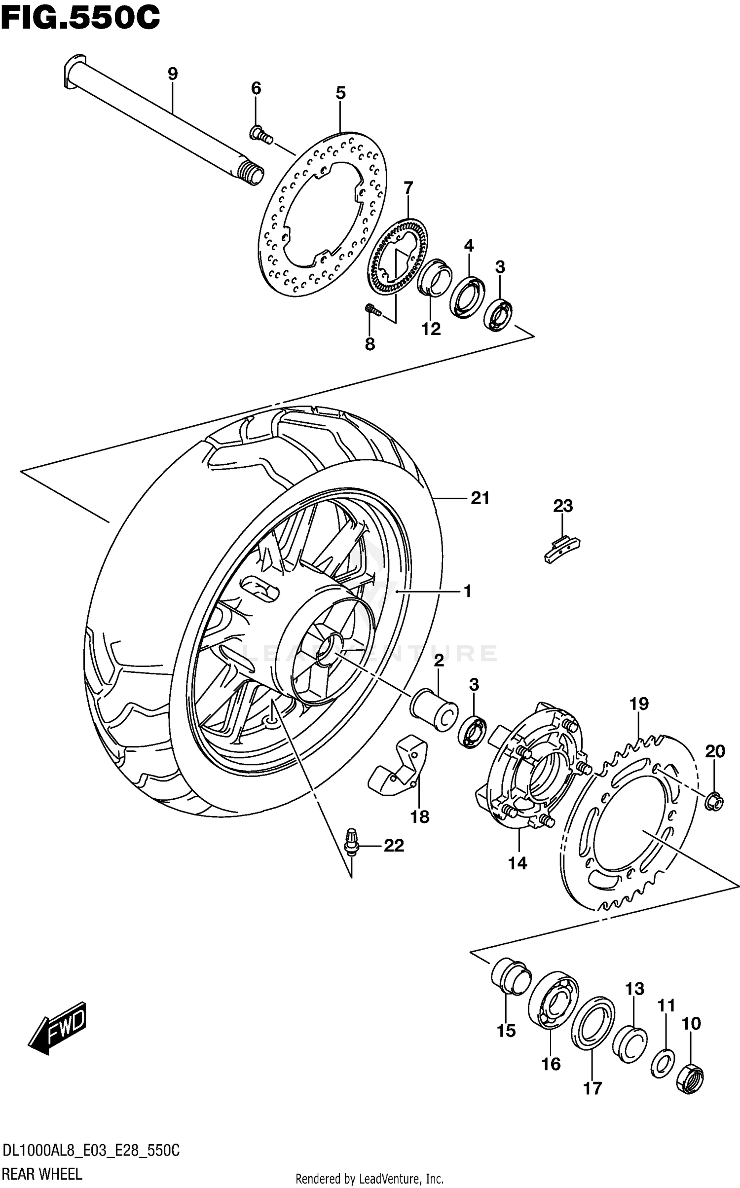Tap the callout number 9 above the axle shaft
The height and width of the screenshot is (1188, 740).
point(172,74)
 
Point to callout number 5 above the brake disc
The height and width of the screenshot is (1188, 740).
point(340,93)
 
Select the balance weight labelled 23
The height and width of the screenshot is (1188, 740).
point(562,548)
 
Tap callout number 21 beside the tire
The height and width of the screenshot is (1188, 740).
point(480,498)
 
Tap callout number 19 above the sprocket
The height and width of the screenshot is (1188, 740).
point(639,704)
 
